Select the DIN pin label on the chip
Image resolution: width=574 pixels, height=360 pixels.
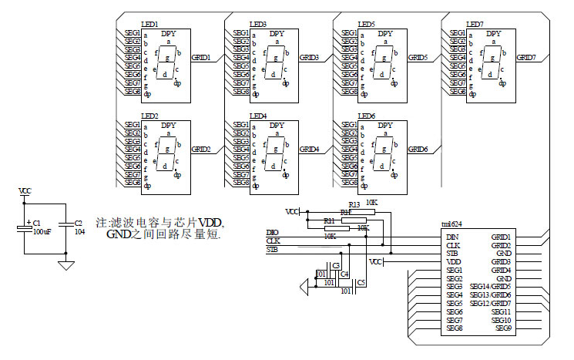(x=452, y=237)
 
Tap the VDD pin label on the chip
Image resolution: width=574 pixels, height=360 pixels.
(x=453, y=261)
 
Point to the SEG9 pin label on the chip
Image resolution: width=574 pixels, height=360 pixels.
(x=503, y=328)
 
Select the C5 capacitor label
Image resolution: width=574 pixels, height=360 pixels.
(x=361, y=283)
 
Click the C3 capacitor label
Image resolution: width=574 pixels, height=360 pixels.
(x=336, y=265)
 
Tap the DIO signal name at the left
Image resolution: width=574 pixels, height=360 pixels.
(x=272, y=232)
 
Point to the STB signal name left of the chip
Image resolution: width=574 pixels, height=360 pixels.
(x=272, y=250)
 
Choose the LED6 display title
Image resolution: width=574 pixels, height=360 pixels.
(x=366, y=116)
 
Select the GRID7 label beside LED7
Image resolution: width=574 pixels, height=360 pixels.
(x=526, y=58)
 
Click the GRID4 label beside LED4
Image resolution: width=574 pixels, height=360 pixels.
(x=309, y=149)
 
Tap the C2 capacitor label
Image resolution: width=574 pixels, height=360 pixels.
(x=78, y=223)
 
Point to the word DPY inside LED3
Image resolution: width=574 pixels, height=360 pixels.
(x=277, y=34)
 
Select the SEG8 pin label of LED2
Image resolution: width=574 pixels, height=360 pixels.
(x=132, y=183)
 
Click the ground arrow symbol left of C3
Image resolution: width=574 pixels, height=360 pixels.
(x=304, y=287)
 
